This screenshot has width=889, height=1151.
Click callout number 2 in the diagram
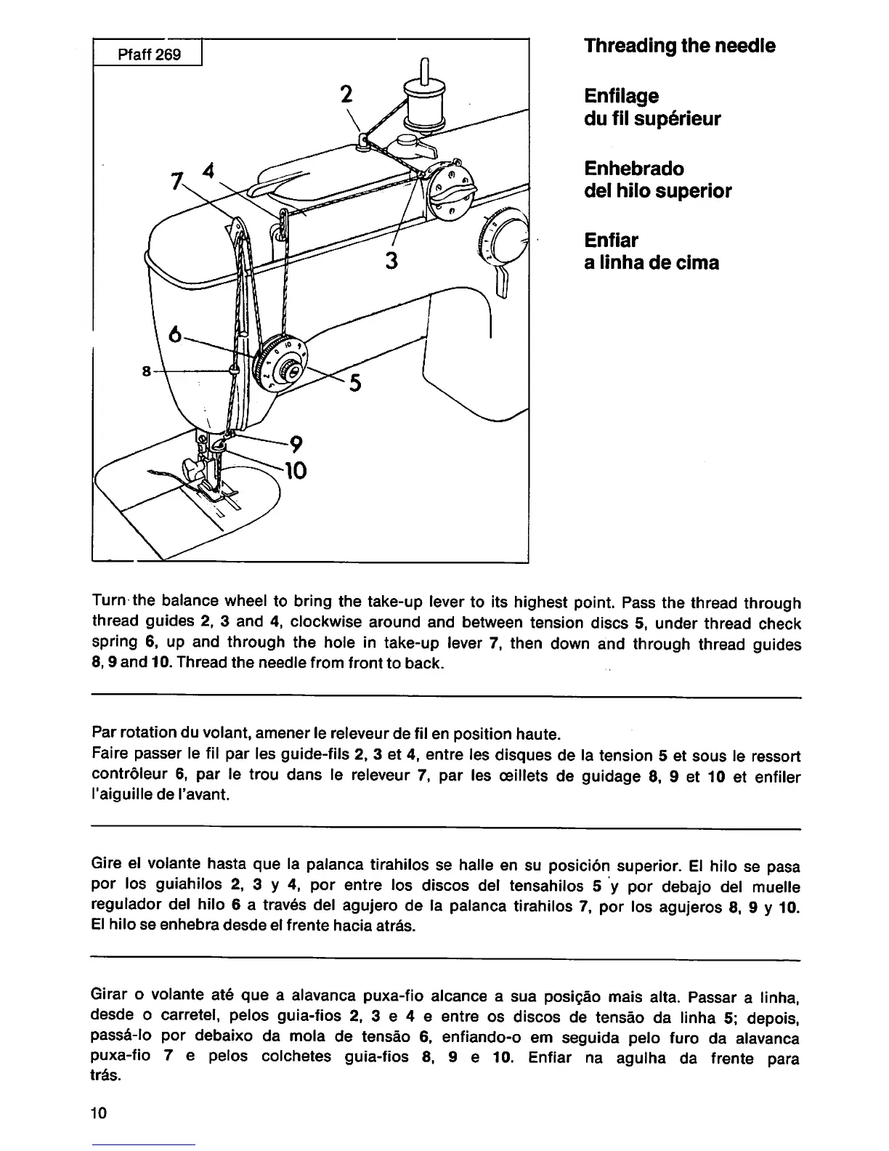point(347,94)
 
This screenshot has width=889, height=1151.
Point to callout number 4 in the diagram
point(209,172)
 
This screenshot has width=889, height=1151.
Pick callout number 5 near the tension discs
point(355,383)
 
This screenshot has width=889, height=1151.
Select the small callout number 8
point(146,371)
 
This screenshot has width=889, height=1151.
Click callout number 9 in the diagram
point(296,444)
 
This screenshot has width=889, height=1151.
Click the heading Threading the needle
point(679,46)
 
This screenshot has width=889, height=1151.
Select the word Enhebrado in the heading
point(634,169)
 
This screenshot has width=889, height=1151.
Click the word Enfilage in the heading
point(621,96)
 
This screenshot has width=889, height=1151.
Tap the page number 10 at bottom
point(100,1112)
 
